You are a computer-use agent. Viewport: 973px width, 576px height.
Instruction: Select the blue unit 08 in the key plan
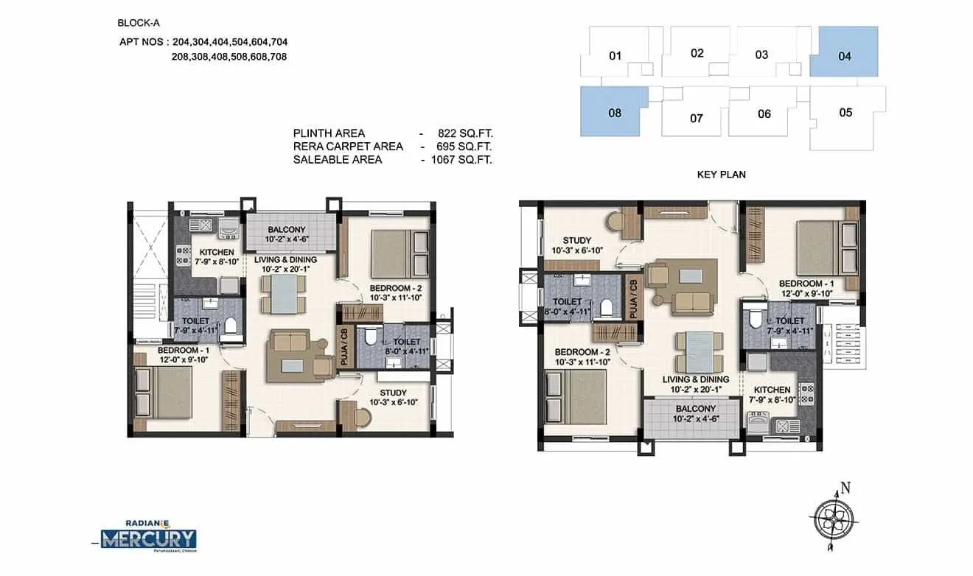[x=613, y=112]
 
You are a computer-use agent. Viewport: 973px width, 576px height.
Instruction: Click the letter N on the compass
[x=845, y=487]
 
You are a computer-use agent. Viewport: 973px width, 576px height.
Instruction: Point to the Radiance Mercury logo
[x=149, y=536]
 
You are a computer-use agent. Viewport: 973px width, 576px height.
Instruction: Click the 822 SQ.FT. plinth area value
[x=462, y=133]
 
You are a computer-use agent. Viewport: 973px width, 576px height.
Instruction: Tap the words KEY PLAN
[x=721, y=175]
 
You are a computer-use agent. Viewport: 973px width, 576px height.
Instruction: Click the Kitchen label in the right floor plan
[x=772, y=390]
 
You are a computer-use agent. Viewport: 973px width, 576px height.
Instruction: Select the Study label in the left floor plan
[x=393, y=393]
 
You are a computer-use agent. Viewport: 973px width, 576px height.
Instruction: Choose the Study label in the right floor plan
[x=576, y=240]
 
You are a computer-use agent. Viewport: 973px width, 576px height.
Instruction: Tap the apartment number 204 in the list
[x=182, y=42]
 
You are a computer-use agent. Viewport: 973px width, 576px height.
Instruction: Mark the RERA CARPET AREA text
[x=348, y=147]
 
